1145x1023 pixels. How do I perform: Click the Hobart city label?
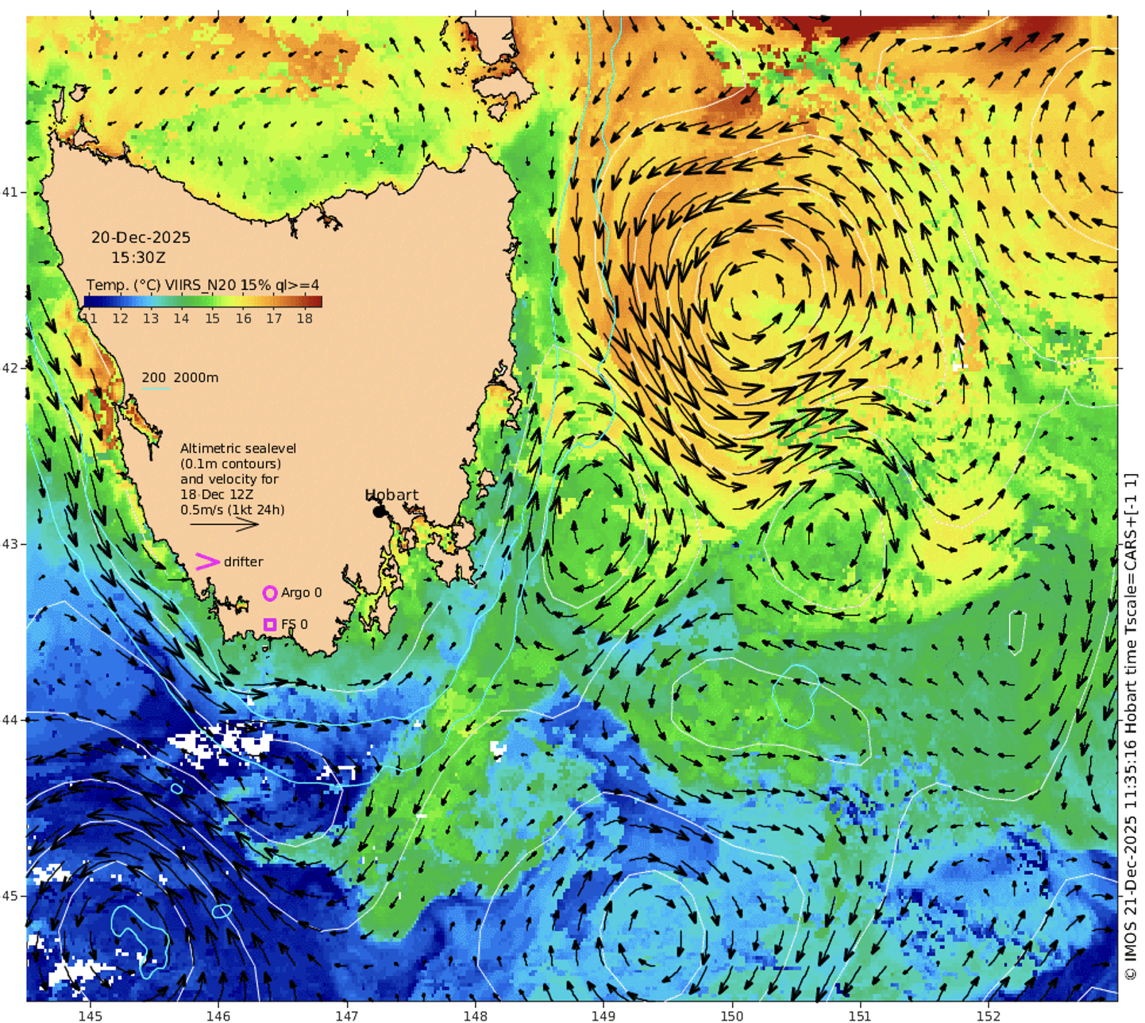(x=391, y=495)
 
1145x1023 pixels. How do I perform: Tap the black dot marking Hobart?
(x=379, y=511)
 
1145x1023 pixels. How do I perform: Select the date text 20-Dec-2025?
(x=141, y=237)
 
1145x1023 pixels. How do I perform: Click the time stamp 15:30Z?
(x=138, y=257)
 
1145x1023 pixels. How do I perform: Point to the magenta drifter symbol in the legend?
(x=206, y=562)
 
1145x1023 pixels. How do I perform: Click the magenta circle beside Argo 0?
(x=270, y=593)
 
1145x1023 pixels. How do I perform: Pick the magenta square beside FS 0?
(x=270, y=625)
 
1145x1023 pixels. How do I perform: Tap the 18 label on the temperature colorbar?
(x=304, y=318)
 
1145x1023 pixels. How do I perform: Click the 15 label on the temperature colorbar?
(x=212, y=318)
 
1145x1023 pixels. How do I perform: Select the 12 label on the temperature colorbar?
(x=120, y=318)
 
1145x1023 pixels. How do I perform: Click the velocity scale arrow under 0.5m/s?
(x=224, y=524)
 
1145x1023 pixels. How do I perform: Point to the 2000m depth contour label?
(x=195, y=377)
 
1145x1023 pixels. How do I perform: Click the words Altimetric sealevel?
(x=238, y=449)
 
